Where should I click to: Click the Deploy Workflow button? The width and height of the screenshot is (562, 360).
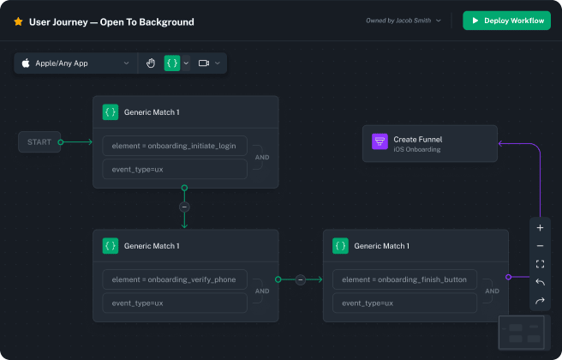[506, 21]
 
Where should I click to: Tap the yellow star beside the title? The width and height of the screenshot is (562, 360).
[18, 21]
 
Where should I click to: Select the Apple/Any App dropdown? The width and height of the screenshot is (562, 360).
[76, 63]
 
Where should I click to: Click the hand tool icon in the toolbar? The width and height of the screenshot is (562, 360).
[151, 63]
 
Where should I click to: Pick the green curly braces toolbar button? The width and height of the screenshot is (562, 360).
[172, 63]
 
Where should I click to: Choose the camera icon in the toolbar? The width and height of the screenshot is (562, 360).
[204, 63]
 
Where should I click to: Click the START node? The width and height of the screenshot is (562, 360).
[39, 142]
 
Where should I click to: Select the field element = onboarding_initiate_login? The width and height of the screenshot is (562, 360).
[174, 145]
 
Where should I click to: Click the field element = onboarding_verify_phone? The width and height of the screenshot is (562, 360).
[174, 279]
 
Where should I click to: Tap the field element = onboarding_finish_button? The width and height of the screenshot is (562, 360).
[404, 279]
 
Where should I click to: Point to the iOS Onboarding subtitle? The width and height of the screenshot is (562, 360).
[417, 149]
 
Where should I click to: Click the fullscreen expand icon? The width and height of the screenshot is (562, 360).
[540, 264]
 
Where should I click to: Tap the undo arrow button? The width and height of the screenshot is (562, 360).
[540, 282]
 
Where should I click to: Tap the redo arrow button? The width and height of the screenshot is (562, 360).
[540, 301]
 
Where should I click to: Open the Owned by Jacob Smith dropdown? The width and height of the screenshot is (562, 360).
[404, 21]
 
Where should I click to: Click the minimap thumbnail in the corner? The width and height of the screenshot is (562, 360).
[524, 333]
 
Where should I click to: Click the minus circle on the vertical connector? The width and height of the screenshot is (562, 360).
[184, 207]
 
